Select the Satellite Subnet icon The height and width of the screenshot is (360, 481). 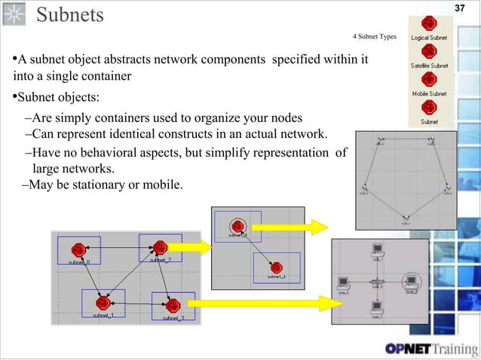(429, 53)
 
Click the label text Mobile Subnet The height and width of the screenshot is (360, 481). (429, 94)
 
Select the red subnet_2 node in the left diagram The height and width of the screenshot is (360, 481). (159, 247)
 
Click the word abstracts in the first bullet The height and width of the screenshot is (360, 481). (141, 60)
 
